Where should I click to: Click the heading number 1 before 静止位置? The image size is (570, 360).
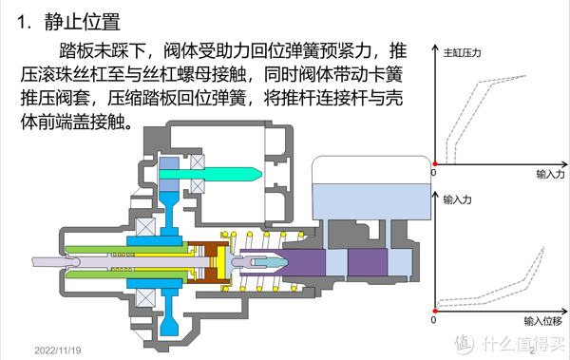tap(26, 19)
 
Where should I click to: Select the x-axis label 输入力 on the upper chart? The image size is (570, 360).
tap(549, 175)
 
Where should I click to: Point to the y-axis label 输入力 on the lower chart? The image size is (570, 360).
tap(459, 200)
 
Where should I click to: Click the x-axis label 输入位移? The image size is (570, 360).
tap(541, 320)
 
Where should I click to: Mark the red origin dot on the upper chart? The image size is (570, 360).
tap(434, 162)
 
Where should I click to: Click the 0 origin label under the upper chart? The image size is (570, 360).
tap(433, 174)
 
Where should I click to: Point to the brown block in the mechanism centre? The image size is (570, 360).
tap(200, 273)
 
